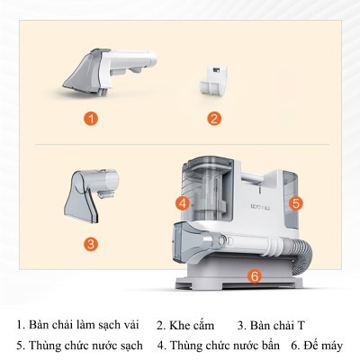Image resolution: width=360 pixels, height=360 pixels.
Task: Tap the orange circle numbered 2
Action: [x=214, y=118]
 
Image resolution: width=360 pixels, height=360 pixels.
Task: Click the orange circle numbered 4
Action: [x=183, y=203]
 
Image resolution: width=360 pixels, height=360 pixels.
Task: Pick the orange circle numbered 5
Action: [x=296, y=203]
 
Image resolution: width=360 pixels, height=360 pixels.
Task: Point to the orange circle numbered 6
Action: [x=254, y=275]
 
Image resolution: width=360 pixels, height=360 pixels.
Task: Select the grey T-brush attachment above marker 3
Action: [x=91, y=190]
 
